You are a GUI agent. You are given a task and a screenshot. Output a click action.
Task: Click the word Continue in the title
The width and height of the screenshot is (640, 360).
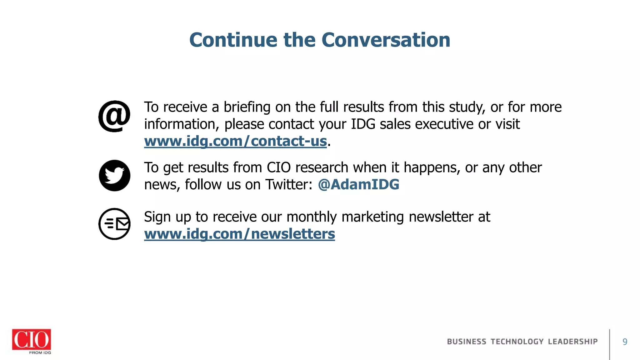coord(233,40)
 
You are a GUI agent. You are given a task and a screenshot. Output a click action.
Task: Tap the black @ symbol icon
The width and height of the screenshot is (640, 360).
coord(114,116)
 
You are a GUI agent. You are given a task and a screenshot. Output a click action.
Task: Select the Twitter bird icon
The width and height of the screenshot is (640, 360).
coord(114,176)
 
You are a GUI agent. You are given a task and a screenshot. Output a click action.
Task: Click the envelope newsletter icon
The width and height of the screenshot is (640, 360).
coord(114,224)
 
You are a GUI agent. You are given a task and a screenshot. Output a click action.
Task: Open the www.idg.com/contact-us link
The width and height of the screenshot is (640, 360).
coord(235,141)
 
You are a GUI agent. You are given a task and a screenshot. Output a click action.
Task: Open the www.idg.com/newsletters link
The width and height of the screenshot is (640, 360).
coord(239,234)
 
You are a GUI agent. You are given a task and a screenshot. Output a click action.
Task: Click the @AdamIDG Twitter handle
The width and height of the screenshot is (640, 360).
coord(358,184)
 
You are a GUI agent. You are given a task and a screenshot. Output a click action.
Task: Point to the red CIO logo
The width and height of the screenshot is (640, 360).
coord(31,339)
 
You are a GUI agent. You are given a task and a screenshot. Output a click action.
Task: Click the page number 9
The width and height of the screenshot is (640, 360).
coord(625,342)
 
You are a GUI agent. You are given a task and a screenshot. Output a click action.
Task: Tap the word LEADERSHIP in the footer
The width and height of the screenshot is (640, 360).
coord(573,342)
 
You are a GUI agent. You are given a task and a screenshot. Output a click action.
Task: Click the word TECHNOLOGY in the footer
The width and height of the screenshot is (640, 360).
coord(517,342)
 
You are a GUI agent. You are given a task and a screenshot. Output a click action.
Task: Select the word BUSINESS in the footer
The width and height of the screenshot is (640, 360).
coord(467,342)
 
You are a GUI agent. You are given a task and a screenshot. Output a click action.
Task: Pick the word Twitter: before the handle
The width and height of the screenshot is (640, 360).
coord(289,184)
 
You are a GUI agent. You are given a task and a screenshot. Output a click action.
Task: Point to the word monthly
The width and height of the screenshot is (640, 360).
coord(312,217)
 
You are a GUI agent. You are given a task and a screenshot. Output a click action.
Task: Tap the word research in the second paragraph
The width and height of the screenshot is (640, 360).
coord(322,167)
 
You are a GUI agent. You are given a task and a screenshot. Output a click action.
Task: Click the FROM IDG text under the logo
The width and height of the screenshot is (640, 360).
coord(40,352)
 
